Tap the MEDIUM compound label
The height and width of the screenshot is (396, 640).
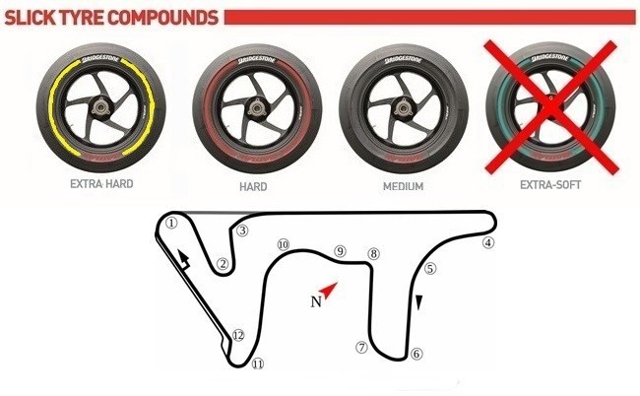click(406, 183)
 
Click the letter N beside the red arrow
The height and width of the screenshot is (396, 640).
click(316, 302)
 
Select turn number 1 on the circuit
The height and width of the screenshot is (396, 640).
click(171, 223)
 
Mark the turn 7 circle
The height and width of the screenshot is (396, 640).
click(361, 347)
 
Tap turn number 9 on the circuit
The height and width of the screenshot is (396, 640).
click(340, 252)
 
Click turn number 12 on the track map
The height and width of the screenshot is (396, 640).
click(237, 336)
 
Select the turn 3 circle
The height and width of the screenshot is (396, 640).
click(242, 231)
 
